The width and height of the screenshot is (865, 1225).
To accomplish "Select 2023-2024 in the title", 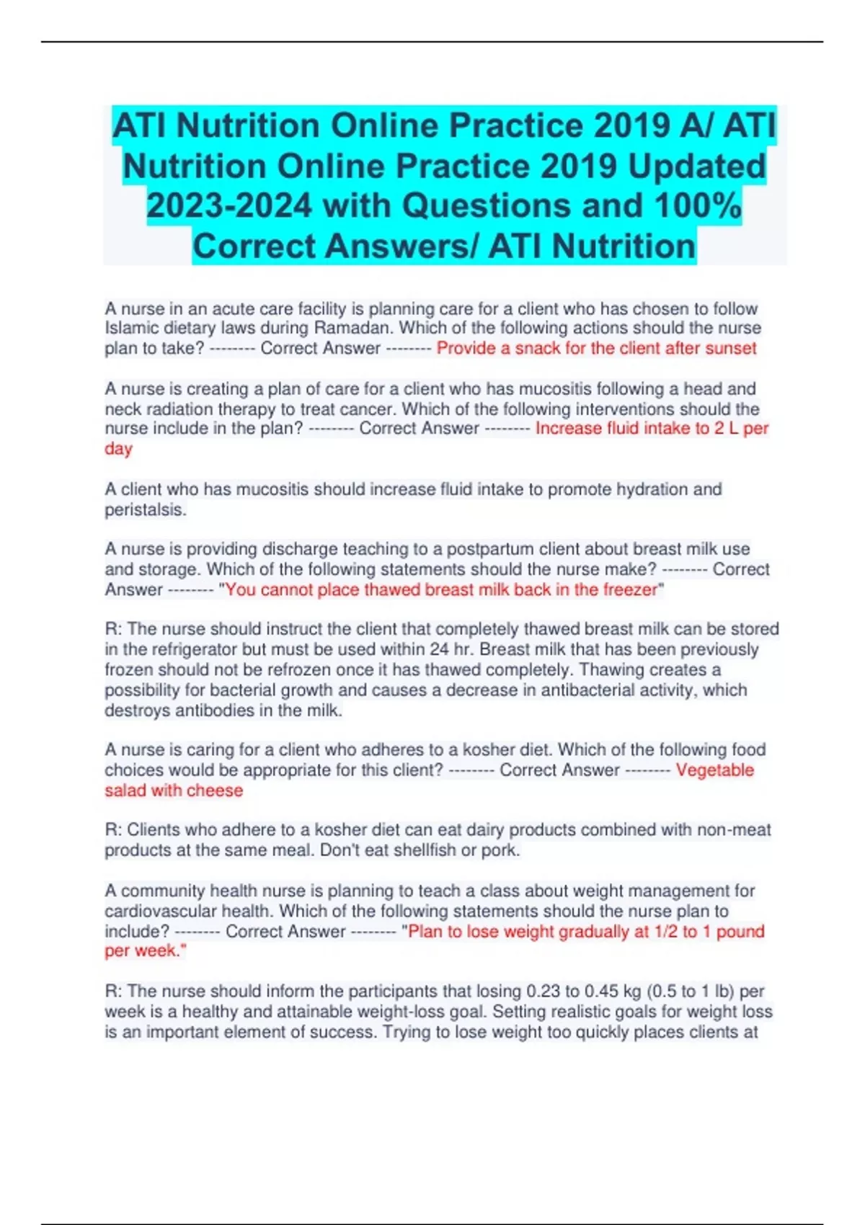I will pyautogui.click(x=229, y=206).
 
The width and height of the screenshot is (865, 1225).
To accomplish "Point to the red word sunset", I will pyautogui.click(x=730, y=349).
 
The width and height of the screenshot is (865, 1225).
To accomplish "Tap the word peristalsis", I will pyautogui.click(x=145, y=510).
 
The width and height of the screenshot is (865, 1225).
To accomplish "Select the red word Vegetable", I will pyautogui.click(x=714, y=770).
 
